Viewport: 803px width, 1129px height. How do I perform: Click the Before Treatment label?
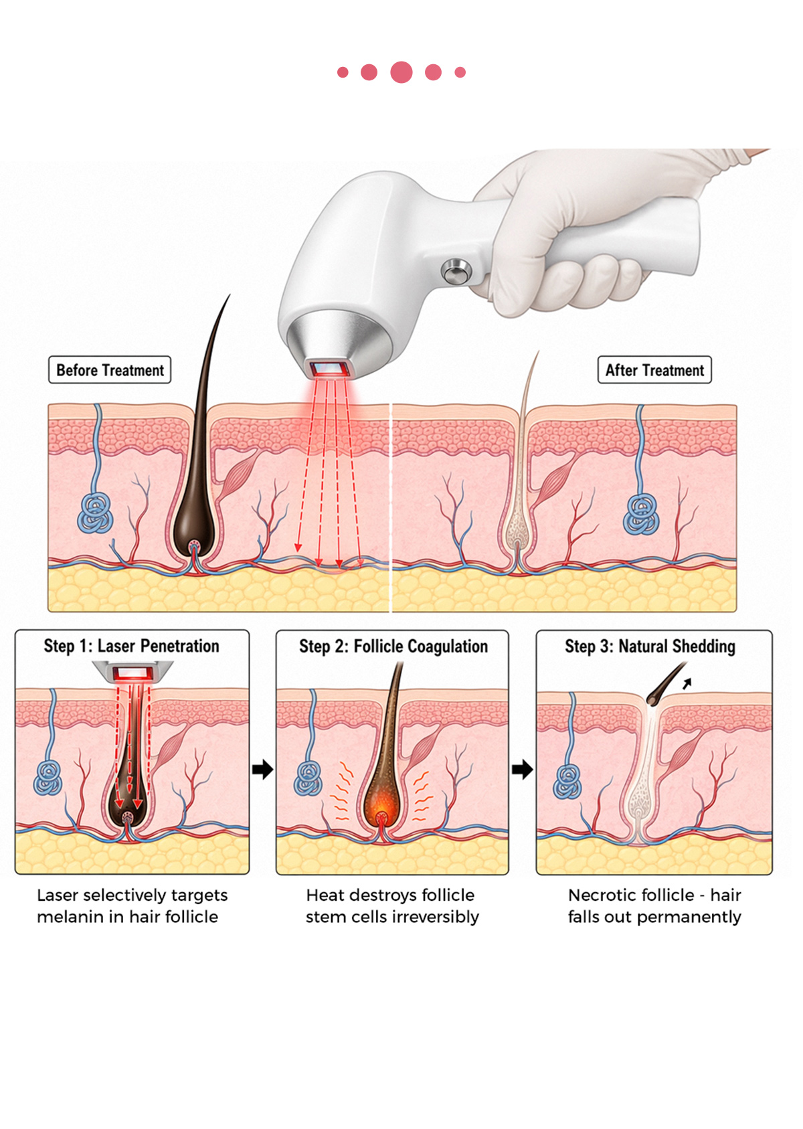tap(110, 370)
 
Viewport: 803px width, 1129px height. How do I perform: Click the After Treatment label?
tap(654, 370)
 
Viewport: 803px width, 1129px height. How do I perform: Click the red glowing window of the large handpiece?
tap(329, 369)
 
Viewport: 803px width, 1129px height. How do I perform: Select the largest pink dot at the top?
tap(401, 72)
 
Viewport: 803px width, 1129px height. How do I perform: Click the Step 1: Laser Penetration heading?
tap(132, 646)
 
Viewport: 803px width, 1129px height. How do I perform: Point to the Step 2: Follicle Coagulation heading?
tap(393, 646)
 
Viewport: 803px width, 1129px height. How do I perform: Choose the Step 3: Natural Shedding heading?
tap(650, 646)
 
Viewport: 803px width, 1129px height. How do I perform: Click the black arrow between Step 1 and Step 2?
tap(262, 769)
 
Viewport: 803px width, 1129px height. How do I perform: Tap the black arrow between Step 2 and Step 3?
tap(522, 769)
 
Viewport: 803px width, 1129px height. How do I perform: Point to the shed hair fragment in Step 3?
tap(664, 685)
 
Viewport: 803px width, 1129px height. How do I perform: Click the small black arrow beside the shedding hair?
tap(687, 683)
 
